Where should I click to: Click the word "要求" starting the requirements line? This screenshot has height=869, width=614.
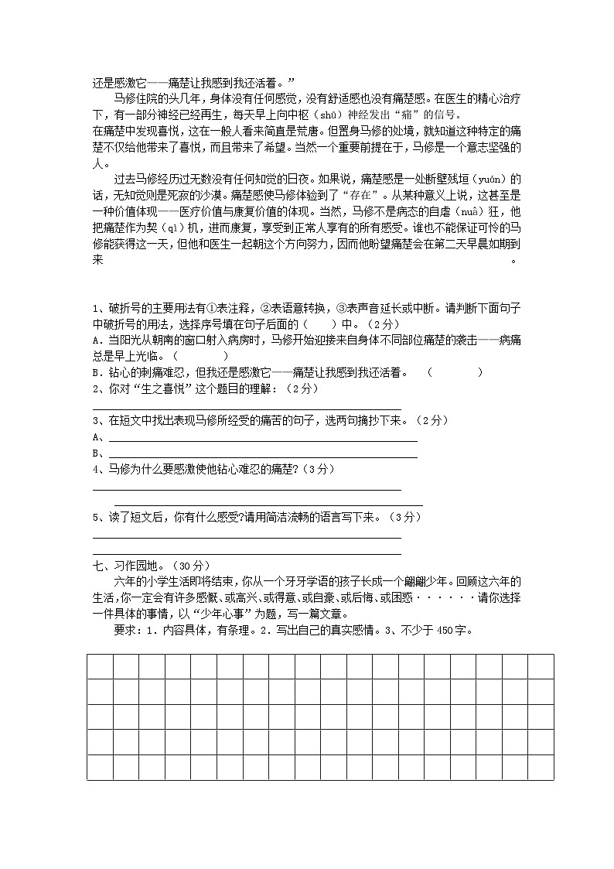click(x=125, y=630)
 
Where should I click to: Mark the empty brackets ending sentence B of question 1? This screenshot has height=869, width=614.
click(x=455, y=372)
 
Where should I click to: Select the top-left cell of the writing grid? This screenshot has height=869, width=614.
click(x=100, y=666)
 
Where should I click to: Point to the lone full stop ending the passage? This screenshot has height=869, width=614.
click(x=514, y=261)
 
